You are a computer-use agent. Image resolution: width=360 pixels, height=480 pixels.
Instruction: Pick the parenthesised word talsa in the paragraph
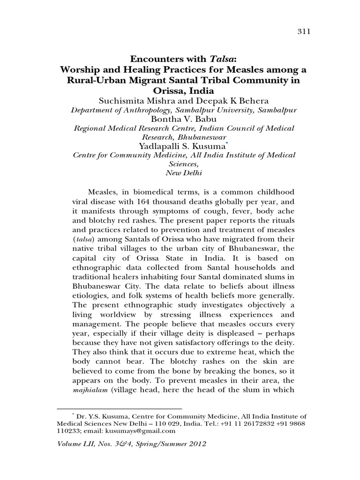pos(75,240)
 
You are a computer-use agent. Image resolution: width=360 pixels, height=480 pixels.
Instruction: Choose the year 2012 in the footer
pos(195,443)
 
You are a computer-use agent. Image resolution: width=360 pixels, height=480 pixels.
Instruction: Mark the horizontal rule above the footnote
pos(119,408)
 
